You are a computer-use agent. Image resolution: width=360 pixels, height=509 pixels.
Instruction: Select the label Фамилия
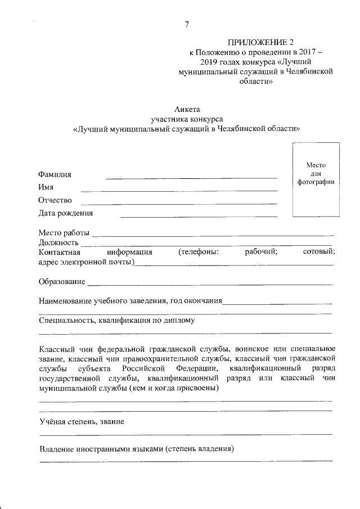point(55,174)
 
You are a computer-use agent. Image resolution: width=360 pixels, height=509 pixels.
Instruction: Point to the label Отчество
point(56,200)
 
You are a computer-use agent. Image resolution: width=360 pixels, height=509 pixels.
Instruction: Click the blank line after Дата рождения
point(199,216)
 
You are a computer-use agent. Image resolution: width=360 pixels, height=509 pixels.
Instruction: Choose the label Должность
point(58,242)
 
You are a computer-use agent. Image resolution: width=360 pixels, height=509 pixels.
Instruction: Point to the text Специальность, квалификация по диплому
point(116,321)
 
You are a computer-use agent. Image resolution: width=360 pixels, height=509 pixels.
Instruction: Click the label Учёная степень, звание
point(82,421)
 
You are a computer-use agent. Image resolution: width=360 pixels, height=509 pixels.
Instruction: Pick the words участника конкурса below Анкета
point(187,119)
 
